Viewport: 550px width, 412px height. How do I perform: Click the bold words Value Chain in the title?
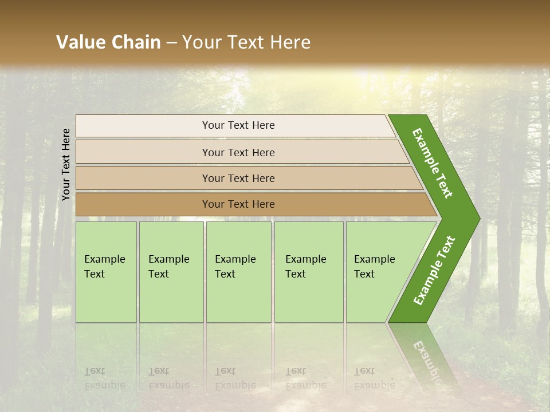pos(108,42)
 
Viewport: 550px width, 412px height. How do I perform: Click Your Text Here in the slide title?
pos(246,42)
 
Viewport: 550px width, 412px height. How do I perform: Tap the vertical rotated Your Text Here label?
pos(66,164)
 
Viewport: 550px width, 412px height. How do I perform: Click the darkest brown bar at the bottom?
pos(143,204)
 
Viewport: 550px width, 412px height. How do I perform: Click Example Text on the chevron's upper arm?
pos(433,163)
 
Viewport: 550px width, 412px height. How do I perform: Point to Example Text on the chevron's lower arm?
pos(434,271)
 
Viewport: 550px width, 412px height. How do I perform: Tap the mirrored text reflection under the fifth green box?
pos(374,378)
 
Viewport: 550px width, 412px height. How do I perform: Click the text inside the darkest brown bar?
pos(238,204)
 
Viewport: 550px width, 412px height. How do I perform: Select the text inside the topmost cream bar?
pos(238,125)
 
